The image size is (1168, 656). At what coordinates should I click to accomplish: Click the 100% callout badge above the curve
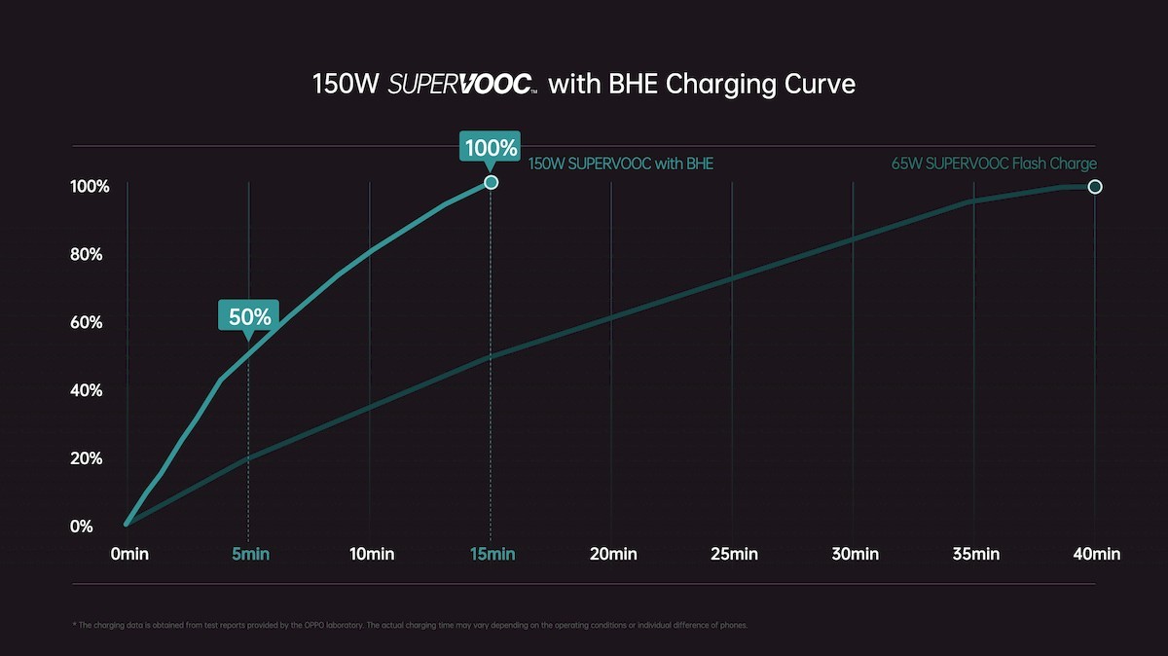[x=491, y=149]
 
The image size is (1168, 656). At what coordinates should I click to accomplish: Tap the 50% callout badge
[x=248, y=316]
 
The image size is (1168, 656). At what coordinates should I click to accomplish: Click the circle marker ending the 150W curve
[x=491, y=182]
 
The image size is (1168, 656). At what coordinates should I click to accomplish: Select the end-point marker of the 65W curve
[x=1094, y=186]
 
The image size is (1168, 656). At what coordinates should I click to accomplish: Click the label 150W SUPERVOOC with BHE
[x=620, y=164]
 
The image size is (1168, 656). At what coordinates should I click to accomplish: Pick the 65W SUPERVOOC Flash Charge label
[x=994, y=164]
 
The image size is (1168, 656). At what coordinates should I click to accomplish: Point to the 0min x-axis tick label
[x=129, y=554]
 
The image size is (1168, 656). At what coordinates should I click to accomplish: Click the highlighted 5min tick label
[x=250, y=554]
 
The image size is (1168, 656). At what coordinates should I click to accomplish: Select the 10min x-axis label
[x=371, y=554]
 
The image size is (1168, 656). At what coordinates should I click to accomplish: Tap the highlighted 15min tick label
[x=492, y=554]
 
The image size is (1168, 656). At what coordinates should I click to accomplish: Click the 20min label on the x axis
[x=613, y=554]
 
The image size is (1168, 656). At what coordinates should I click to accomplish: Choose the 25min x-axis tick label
[x=734, y=554]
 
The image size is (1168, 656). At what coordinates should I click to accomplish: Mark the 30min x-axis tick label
[x=855, y=554]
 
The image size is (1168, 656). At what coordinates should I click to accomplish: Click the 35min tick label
[x=975, y=554]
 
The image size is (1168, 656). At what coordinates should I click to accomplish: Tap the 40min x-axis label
[x=1096, y=554]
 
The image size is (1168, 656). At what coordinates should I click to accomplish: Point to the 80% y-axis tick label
[x=86, y=255]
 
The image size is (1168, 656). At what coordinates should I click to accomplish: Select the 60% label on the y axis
[x=86, y=322]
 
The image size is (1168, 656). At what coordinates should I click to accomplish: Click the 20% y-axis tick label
[x=86, y=458]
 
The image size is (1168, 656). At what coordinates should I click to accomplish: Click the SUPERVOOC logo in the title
[x=462, y=85]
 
